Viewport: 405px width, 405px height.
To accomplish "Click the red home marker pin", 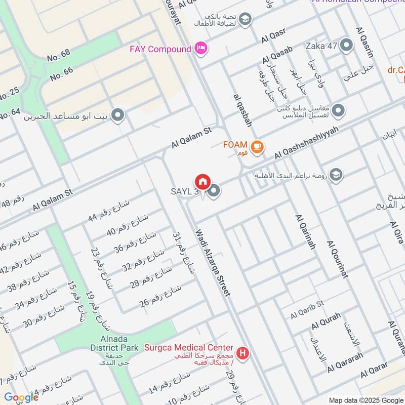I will click(202, 182).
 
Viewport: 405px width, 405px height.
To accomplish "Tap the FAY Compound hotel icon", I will click(201, 49).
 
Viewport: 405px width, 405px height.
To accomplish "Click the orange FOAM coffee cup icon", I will click(258, 146).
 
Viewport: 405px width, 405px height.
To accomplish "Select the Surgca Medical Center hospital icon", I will click(244, 352).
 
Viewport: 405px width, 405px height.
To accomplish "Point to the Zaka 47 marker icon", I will click(347, 46).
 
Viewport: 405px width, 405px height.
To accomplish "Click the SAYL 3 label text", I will click(184, 192).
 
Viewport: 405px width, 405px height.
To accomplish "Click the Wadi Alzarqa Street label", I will click(213, 263).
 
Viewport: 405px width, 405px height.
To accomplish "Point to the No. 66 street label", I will click(62, 74).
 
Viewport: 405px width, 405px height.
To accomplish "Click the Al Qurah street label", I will click(326, 322).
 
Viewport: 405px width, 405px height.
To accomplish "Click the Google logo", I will click(21, 397).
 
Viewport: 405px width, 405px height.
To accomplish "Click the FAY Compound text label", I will click(160, 49).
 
